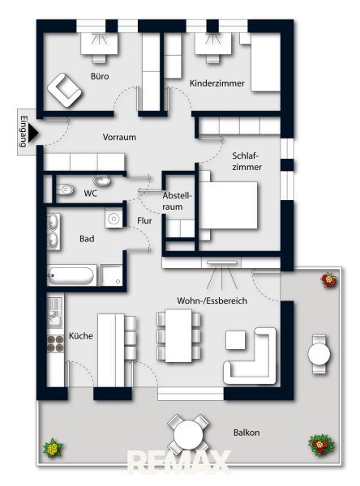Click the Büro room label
click(100, 76)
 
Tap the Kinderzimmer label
click(217, 83)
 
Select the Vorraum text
click(119, 137)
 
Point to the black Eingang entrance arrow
click(33, 133)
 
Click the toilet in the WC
click(65, 189)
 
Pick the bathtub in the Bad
click(71, 275)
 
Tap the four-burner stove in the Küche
click(56, 343)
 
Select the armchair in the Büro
click(65, 90)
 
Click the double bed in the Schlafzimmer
click(228, 206)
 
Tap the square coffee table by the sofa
click(236, 340)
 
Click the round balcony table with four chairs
click(188, 434)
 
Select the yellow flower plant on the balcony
click(53, 448)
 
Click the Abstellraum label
click(177, 201)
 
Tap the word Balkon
click(246, 433)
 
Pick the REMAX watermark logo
click(180, 463)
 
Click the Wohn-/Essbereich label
click(212, 301)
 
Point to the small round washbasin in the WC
click(102, 181)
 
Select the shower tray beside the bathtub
click(111, 275)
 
